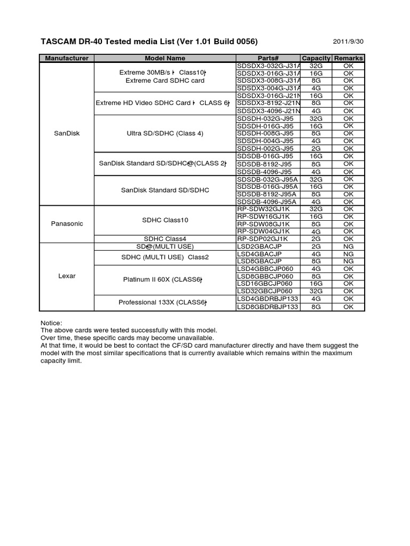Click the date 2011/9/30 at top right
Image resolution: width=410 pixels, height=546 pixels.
[x=349, y=42]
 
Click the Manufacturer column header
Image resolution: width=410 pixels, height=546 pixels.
[x=67, y=58]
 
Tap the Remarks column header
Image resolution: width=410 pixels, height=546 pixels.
[x=348, y=58]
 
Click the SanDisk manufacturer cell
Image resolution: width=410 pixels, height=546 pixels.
[x=67, y=133]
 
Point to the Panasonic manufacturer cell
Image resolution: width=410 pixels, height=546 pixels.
[x=67, y=223]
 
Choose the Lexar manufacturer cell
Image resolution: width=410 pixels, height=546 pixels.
[x=67, y=276]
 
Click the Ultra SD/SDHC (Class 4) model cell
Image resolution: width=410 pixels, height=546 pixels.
[x=165, y=133]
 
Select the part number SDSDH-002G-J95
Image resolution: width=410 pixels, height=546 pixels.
[x=265, y=149]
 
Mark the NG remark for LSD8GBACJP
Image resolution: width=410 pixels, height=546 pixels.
[x=348, y=261]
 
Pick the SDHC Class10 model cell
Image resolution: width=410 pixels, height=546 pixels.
[x=165, y=220]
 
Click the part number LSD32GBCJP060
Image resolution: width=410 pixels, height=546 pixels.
[x=265, y=291]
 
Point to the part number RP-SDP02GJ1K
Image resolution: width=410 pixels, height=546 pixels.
[x=266, y=239]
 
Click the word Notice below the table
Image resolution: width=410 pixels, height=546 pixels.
[x=52, y=323]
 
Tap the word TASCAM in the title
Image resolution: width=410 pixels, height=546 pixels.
[x=59, y=42]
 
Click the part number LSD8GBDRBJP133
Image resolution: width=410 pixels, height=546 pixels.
[x=267, y=307]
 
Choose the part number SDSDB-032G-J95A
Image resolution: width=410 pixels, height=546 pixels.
[x=267, y=179]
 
